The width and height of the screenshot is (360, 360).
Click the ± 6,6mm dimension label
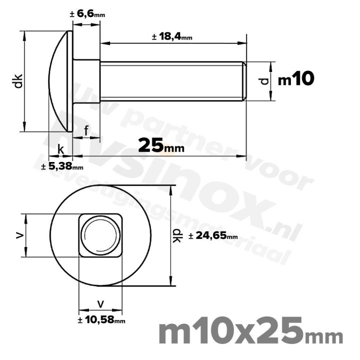[x=87, y=14]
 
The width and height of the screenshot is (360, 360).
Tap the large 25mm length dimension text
[x=160, y=145]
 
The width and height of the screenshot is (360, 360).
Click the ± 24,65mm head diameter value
[x=213, y=235]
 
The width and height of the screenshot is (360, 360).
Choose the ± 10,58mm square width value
[x=101, y=319]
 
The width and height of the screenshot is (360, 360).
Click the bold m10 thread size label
[x=296, y=79]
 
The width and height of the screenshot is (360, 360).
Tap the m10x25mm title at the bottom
[x=250, y=332]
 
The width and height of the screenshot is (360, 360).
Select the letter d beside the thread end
[x=265, y=80]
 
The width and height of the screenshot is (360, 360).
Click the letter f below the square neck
[x=86, y=131]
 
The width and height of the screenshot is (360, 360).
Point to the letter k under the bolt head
[x=60, y=149]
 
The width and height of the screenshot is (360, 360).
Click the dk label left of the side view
[x=18, y=81]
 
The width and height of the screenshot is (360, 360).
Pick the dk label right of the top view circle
[x=178, y=235]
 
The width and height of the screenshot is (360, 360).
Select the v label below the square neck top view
[x=101, y=303]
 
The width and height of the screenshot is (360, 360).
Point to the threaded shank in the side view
[x=170, y=81]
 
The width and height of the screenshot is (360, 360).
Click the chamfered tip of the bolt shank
[x=244, y=81]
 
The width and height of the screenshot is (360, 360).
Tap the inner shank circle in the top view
[x=100, y=235]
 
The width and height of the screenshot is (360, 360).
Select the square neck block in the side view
[x=86, y=81]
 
